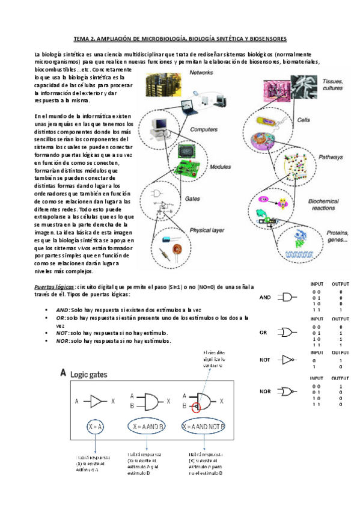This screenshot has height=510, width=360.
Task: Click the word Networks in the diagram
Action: click(202, 73)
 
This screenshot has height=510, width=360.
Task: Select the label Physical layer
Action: click(207, 230)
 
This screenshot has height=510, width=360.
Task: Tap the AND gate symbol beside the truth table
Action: click(289, 298)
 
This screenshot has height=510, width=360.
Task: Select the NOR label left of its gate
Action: click(266, 392)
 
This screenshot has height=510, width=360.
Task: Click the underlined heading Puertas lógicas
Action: click(54, 287)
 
